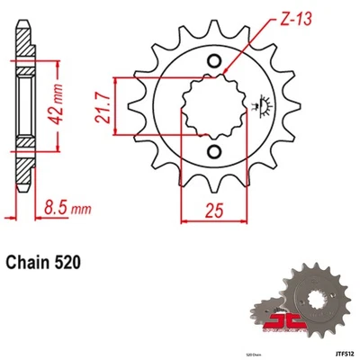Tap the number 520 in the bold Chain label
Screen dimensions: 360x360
[x=69, y=264]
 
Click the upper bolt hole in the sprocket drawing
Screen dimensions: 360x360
[x=214, y=61]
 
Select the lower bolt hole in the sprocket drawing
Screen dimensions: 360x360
[x=214, y=151]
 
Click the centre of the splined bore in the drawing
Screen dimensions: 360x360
[x=214, y=106]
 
